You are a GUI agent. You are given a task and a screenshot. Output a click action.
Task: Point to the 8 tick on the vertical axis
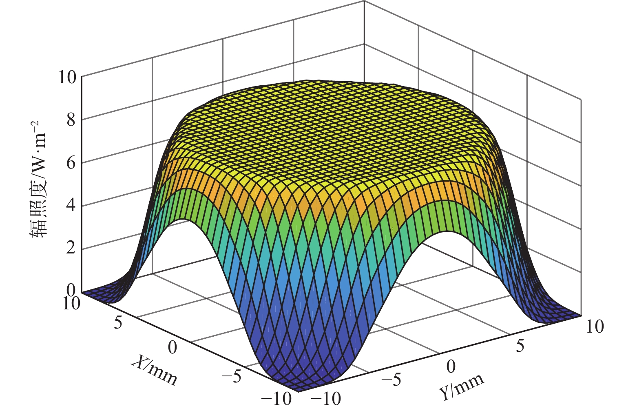72,120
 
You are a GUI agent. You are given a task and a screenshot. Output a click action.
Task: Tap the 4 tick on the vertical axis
72,206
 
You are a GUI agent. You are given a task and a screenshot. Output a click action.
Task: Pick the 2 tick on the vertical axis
72,249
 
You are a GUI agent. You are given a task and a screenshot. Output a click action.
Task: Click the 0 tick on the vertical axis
72,291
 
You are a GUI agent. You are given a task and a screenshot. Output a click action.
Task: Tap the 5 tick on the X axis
118,323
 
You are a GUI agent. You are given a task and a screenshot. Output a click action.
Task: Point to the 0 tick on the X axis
173,347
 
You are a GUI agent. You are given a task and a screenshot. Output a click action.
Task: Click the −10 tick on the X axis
277,398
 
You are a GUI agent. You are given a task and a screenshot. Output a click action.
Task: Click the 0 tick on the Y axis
451,366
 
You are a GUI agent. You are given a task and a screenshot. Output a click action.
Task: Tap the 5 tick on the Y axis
520,346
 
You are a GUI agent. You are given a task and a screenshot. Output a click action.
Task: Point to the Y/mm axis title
462,387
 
